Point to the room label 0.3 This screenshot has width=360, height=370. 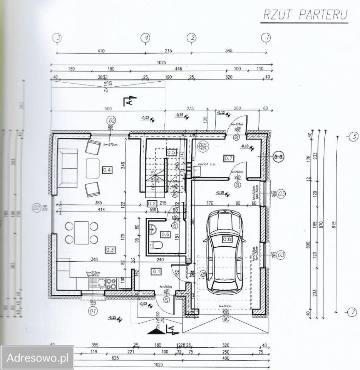click(x=109, y=249)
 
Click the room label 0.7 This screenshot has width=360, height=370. click(x=229, y=158)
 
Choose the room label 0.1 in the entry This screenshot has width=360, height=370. click(x=157, y=271)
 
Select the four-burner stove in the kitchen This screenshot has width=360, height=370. click(x=112, y=283)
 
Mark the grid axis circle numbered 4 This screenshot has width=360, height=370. click(x=145, y=37)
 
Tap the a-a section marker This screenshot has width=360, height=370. click(x=278, y=157)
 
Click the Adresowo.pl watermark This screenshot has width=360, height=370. click(x=37, y=357)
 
